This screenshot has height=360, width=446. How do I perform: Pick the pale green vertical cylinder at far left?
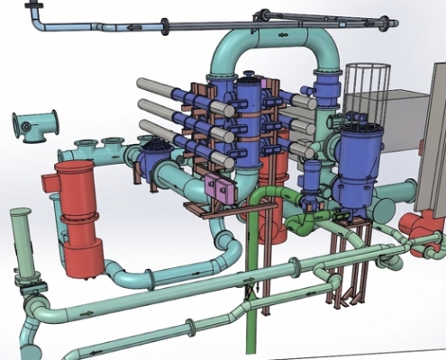pyautogui.click(x=20, y=243)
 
